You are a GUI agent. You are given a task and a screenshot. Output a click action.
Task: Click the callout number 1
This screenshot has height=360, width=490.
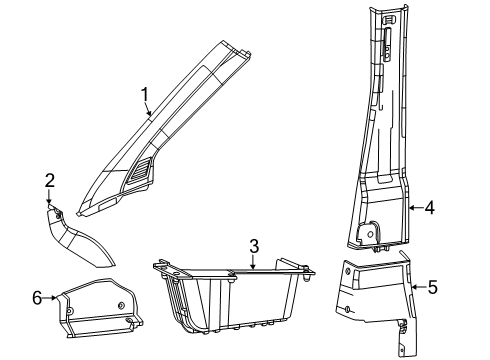click(146, 97)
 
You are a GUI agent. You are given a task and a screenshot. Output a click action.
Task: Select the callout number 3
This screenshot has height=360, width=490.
click(254, 246)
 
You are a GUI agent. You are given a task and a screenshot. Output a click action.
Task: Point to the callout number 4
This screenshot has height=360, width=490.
click(429, 208)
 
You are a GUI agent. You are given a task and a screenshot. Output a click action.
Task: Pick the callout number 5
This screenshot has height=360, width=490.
click(433, 288)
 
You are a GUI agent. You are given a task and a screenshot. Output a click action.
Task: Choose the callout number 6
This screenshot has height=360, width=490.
click(37, 298)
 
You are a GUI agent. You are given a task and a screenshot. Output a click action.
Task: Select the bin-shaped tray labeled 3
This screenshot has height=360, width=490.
click(230, 300)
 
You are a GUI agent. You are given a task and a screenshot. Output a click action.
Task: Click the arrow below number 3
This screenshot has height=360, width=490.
click(252, 264)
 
